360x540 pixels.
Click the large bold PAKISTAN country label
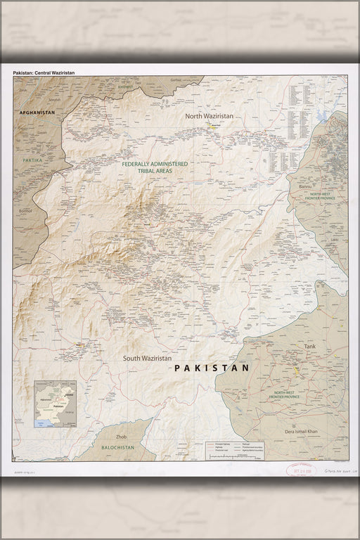pos(212,367)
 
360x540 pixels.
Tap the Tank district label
pos(310,347)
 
